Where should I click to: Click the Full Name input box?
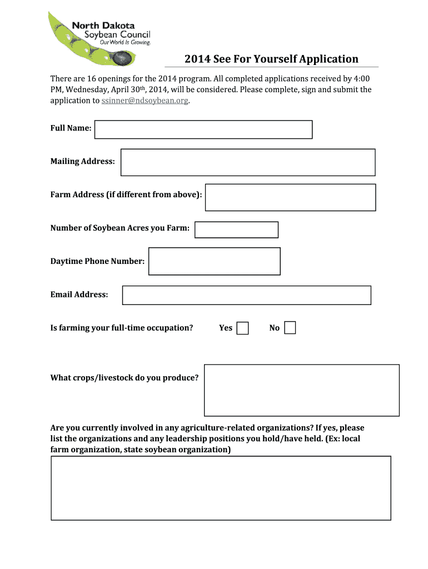click(x=203, y=129)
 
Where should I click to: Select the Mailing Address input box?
click(x=248, y=162)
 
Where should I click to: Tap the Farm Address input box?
click(x=290, y=197)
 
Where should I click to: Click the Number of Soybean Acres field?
click(x=236, y=229)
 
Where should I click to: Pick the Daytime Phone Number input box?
click(x=215, y=261)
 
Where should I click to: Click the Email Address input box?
click(x=246, y=295)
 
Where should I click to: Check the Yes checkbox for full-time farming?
click(x=242, y=328)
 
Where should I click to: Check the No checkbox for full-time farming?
click(x=290, y=328)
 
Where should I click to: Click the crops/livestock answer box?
click(x=301, y=390)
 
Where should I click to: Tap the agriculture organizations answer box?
click(x=221, y=488)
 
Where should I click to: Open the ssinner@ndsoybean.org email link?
click(x=145, y=101)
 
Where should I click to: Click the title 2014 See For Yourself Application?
click(x=271, y=59)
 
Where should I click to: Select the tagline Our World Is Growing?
click(x=125, y=42)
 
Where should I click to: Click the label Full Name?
click(x=71, y=128)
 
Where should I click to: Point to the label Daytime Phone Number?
click(x=98, y=261)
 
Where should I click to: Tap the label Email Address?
click(x=79, y=295)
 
